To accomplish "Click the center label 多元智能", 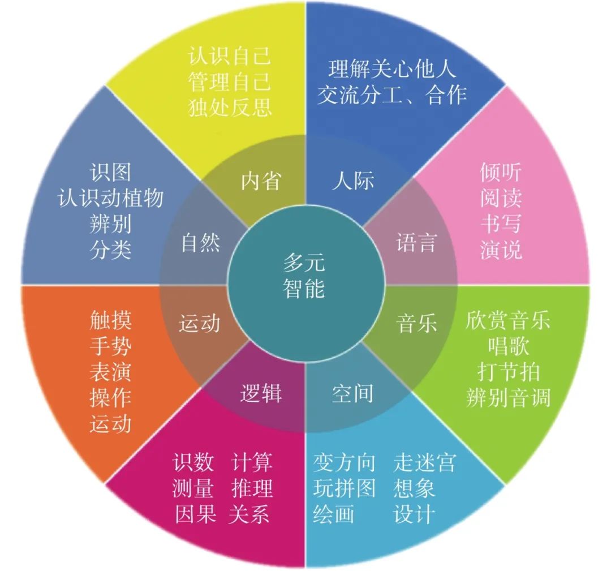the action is (x=305, y=276).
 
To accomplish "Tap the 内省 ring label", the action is (x=261, y=182).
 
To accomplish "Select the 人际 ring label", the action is (x=353, y=182).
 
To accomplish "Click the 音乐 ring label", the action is (x=416, y=324).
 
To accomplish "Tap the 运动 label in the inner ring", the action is (x=199, y=324).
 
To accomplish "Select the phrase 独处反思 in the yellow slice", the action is (x=229, y=107).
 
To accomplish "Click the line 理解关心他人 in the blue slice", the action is (x=391, y=69).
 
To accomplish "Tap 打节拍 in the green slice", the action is (x=507, y=372).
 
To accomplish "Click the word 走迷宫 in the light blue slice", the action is (x=424, y=463).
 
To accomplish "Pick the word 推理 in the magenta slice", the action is (x=252, y=488).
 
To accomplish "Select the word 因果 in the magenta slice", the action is (x=193, y=514).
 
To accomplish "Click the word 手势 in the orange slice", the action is (x=111, y=346).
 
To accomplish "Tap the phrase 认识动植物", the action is (x=111, y=198).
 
